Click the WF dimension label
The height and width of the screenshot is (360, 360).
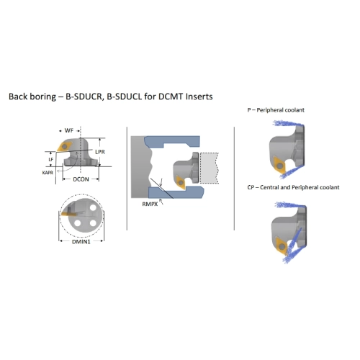coord(69,130)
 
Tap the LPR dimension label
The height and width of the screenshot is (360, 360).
coord(100,152)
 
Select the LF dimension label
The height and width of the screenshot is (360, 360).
coord(51,159)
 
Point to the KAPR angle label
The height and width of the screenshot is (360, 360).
coord(48,173)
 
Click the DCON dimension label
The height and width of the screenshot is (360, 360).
coord(81,179)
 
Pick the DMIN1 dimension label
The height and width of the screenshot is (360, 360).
coord(81,242)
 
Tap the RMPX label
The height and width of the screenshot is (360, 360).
coord(150,204)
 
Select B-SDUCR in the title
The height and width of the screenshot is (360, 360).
coord(84,96)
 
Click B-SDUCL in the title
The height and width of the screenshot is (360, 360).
coord(124,96)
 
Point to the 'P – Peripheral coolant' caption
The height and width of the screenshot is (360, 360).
coord(276,110)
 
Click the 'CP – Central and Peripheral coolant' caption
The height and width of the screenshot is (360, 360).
coord(293,187)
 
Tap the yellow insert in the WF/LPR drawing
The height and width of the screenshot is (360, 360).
coord(65,146)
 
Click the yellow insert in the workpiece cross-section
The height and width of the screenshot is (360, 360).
coord(181,183)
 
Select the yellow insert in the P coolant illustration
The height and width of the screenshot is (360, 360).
coord(279,165)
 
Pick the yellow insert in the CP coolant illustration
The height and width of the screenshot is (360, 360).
coord(282,246)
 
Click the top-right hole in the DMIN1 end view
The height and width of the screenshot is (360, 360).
coord(93,208)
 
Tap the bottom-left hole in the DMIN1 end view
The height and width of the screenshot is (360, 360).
coord(77,223)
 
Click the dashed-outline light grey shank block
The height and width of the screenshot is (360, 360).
coord(210,168)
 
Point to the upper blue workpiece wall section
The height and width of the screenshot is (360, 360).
coord(172,142)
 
